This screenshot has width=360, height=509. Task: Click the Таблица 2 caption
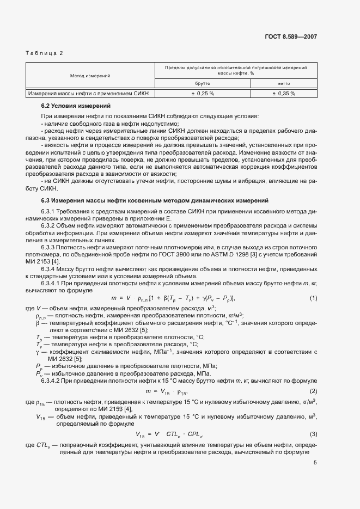pyautogui.click(x=45, y=53)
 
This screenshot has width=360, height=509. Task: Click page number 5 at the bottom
pyautogui.click(x=315, y=463)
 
